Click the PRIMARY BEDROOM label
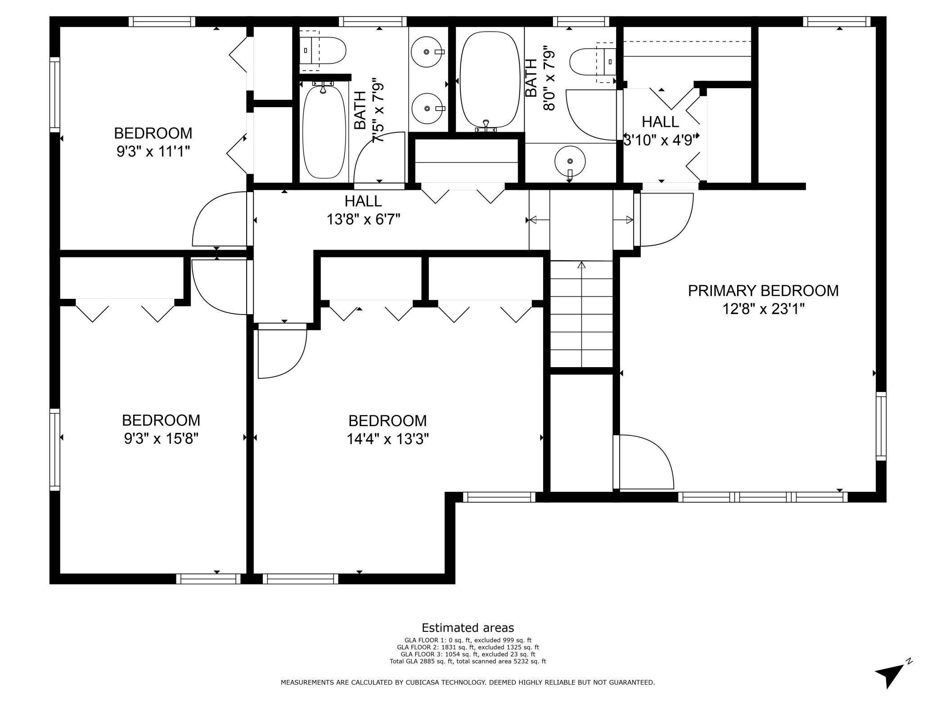click(x=763, y=291)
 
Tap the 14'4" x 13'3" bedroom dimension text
click(x=387, y=439)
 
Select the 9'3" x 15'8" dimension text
click(x=161, y=438)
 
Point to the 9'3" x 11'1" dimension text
click(x=153, y=152)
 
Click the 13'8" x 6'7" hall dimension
click(x=364, y=220)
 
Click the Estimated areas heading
click(x=468, y=628)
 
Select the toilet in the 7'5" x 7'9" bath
click(x=323, y=50)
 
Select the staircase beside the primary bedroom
click(x=581, y=314)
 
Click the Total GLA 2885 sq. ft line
click(x=468, y=661)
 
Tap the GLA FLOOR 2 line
click(x=468, y=647)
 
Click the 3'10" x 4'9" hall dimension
click(x=660, y=140)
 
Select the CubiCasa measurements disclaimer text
click(x=468, y=683)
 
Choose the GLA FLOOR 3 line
click(x=468, y=654)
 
